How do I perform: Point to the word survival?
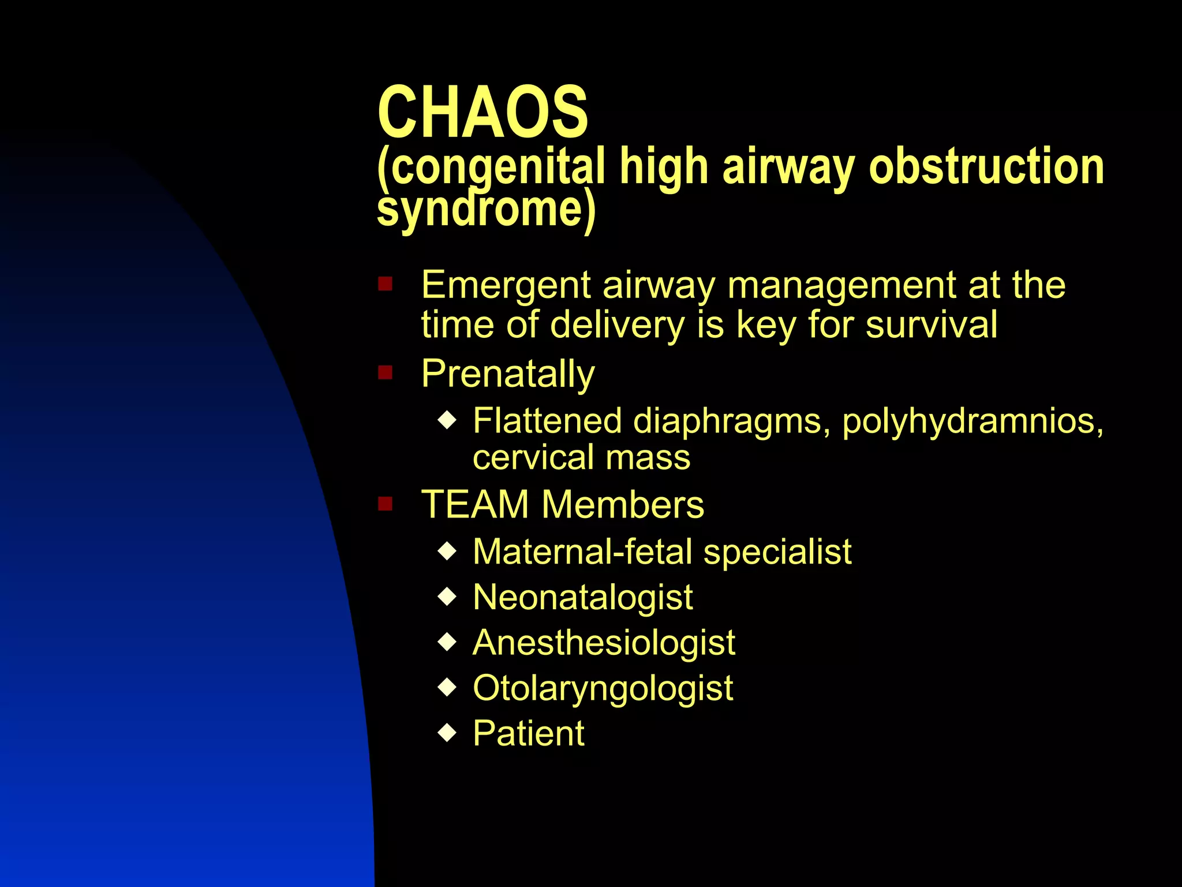(932, 325)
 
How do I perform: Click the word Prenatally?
(508, 374)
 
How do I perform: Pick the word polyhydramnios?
(972, 420)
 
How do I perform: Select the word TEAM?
(475, 505)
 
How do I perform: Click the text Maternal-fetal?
(582, 551)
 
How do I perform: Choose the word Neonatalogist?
(583, 597)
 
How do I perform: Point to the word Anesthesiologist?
(604, 643)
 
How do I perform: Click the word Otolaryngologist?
(603, 688)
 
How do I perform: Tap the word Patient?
(529, 734)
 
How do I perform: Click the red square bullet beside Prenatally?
(385, 372)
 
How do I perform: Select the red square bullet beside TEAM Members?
(385, 504)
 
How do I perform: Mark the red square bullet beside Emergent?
(385, 284)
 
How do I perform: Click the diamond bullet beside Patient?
(447, 733)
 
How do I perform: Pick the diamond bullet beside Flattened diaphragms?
(447, 420)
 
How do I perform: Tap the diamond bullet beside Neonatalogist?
(447, 597)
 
